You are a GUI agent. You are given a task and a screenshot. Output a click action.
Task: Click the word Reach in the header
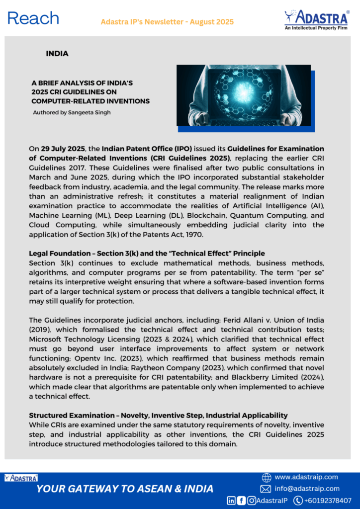[33, 18]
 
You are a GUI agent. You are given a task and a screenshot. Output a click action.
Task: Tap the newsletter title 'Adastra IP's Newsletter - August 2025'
[167, 22]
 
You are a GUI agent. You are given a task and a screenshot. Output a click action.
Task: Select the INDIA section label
[57, 53]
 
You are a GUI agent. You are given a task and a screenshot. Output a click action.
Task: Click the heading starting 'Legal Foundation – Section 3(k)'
[147, 254]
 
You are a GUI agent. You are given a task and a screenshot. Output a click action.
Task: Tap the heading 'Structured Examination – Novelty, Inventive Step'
[158, 415]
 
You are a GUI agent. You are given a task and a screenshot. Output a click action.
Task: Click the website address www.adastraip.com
[306, 477]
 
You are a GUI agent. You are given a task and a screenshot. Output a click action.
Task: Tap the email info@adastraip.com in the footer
[307, 489]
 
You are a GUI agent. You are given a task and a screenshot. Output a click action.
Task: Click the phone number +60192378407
[329, 501]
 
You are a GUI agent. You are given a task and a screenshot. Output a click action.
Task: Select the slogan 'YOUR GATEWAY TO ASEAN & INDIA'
[125, 489]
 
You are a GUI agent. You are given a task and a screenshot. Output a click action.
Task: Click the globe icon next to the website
[266, 477]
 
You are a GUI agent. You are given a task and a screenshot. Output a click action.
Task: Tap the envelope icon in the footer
[266, 489]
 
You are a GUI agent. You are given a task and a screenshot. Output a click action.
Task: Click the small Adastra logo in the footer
[21, 478]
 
